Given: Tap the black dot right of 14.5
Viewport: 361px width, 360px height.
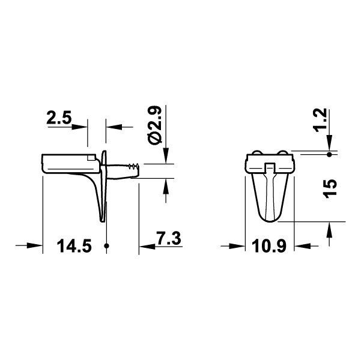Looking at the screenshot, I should pos(106,245).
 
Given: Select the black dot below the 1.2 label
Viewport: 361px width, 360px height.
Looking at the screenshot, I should pos(329,154).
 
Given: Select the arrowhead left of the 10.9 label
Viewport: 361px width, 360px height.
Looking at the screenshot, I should pos(241,245).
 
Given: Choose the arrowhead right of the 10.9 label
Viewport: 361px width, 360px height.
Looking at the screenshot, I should pos(303,245).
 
